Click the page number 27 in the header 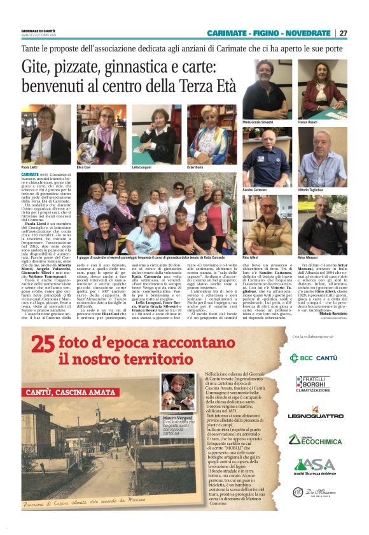click(343, 33)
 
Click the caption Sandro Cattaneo click(256, 190)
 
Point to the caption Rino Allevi click(251, 258)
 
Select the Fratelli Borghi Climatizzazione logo click(313, 384)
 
